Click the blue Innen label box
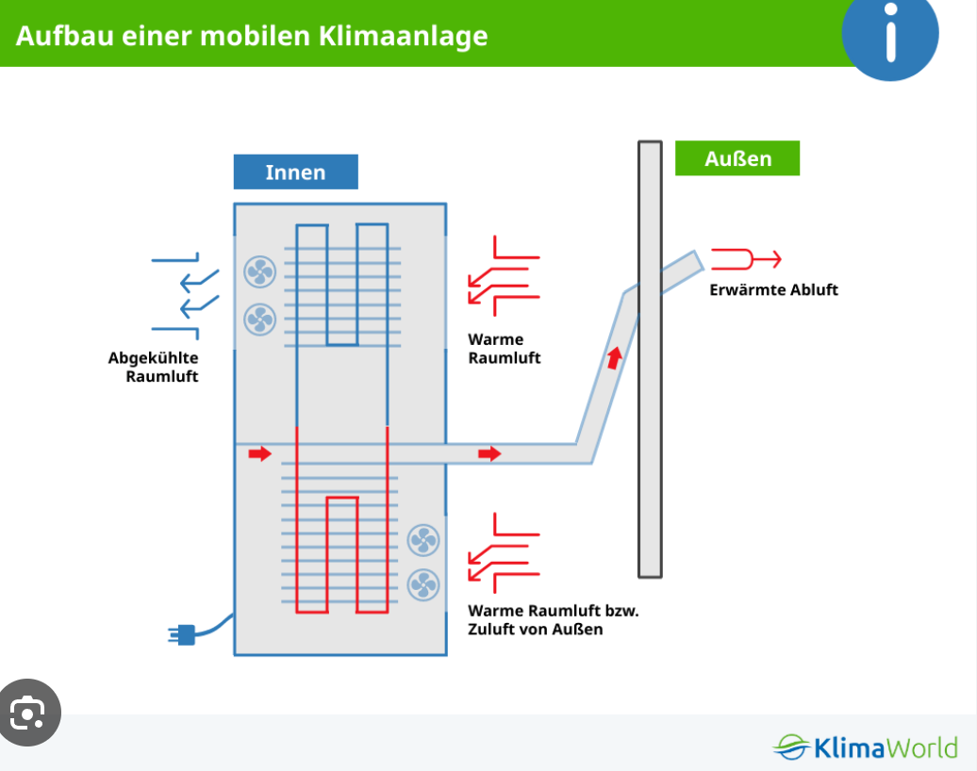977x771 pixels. click(295, 172)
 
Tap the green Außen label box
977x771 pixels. click(737, 158)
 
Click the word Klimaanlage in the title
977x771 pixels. click(403, 36)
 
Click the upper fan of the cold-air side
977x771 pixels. click(260, 271)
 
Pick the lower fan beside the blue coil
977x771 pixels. click(260, 320)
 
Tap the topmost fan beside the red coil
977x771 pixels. click(423, 540)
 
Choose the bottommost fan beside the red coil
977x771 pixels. click(423, 584)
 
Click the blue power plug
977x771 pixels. click(182, 634)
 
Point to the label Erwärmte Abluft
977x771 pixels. click(774, 289)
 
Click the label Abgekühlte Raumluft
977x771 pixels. click(154, 367)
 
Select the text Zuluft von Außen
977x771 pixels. click(536, 629)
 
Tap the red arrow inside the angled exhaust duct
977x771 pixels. click(614, 358)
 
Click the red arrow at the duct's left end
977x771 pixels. click(260, 453)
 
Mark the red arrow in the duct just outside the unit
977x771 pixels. click(489, 453)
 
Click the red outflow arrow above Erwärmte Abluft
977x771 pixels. click(746, 259)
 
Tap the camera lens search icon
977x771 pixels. click(28, 713)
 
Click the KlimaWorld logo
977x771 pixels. click(865, 746)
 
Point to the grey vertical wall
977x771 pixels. click(650, 359)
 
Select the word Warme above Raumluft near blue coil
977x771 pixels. click(495, 339)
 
